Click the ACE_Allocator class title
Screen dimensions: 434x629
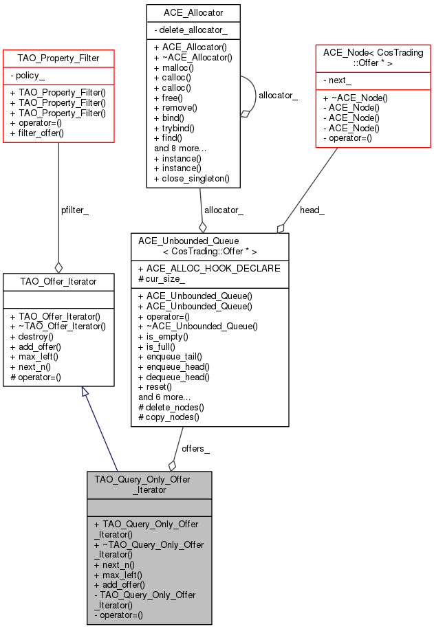pos(193,13)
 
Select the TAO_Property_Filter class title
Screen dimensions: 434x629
pos(58,58)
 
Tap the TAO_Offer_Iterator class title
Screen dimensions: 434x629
pos(58,282)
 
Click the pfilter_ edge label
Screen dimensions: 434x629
pos(75,210)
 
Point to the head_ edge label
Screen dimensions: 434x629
pos(312,210)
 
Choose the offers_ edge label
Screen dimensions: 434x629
pos(195,448)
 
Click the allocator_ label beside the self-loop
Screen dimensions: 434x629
pos(278,96)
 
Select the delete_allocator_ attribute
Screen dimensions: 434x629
pos(191,30)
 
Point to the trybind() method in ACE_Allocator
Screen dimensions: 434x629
pos(174,129)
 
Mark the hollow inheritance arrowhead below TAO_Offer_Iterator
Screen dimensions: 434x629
pos(85,392)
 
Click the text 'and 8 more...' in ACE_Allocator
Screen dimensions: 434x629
pos(180,148)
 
